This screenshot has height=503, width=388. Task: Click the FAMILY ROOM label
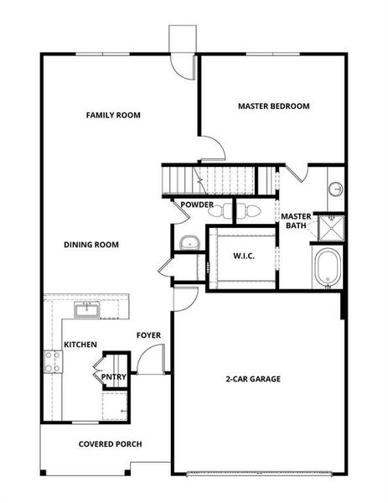coord(113,115)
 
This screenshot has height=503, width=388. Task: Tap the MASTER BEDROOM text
coord(273,106)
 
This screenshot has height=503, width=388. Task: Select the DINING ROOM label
coord(91,245)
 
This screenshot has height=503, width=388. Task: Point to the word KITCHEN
coord(80,345)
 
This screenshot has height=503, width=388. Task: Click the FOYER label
coord(148,335)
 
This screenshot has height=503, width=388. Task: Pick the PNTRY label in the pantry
coord(113,377)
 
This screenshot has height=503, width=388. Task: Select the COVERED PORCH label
coord(110,444)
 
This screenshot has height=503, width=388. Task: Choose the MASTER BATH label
coord(296,220)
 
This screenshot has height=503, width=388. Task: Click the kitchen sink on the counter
coord(85,310)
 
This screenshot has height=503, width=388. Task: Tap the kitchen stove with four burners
coord(52,361)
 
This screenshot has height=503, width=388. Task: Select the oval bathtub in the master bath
coord(325,267)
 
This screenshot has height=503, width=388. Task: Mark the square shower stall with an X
coord(333,226)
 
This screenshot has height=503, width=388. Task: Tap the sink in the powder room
coord(189,243)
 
